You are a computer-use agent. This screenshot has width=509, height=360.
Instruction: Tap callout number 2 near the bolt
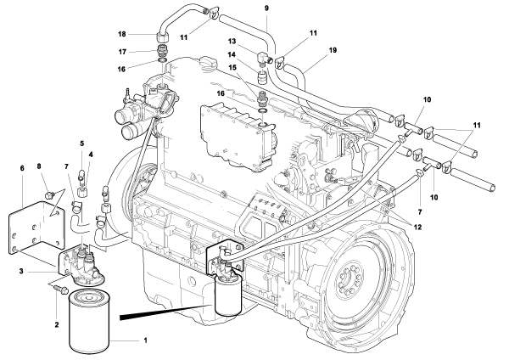pyautogui.click(x=58, y=323)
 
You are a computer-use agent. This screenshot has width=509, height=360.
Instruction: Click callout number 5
pyautogui.click(x=82, y=144)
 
